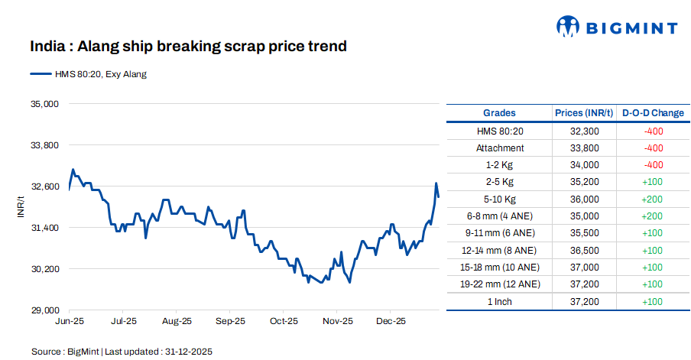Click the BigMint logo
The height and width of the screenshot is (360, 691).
(616, 28)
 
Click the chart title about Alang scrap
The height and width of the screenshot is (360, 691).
(188, 47)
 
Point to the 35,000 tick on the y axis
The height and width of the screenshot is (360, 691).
(44, 103)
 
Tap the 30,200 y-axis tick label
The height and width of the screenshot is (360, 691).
(44, 269)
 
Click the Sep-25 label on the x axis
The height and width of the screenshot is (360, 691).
(230, 322)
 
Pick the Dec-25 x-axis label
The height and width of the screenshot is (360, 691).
(391, 322)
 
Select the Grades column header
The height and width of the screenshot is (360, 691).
(499, 113)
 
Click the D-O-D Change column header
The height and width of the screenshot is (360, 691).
(653, 113)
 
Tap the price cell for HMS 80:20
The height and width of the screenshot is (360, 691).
(585, 131)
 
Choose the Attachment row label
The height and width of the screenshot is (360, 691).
(500, 148)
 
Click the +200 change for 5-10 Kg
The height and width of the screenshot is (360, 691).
(653, 199)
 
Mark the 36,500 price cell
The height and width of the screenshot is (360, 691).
(585, 250)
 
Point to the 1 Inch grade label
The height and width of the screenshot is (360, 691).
(500, 301)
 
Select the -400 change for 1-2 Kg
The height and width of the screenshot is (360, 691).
(653, 164)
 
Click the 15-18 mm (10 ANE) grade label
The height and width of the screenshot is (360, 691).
(500, 267)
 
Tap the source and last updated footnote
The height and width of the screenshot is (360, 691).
(122, 352)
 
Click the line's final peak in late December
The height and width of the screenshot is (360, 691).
(436, 183)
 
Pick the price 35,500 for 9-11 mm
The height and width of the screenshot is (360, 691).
(585, 232)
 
